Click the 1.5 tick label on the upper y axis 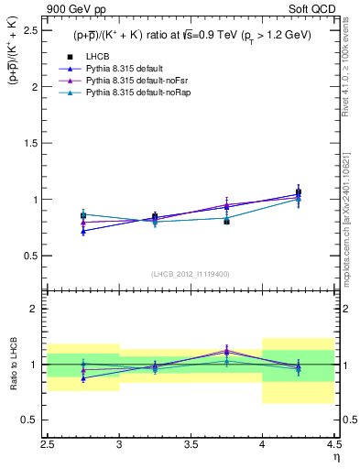pos(32,143)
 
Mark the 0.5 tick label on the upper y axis pos(32,255)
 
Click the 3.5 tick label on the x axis pos(191,443)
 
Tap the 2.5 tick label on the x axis pos(49,443)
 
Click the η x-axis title pos(336,455)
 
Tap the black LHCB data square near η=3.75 pos(226,221)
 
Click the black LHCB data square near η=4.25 pos(298,192)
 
